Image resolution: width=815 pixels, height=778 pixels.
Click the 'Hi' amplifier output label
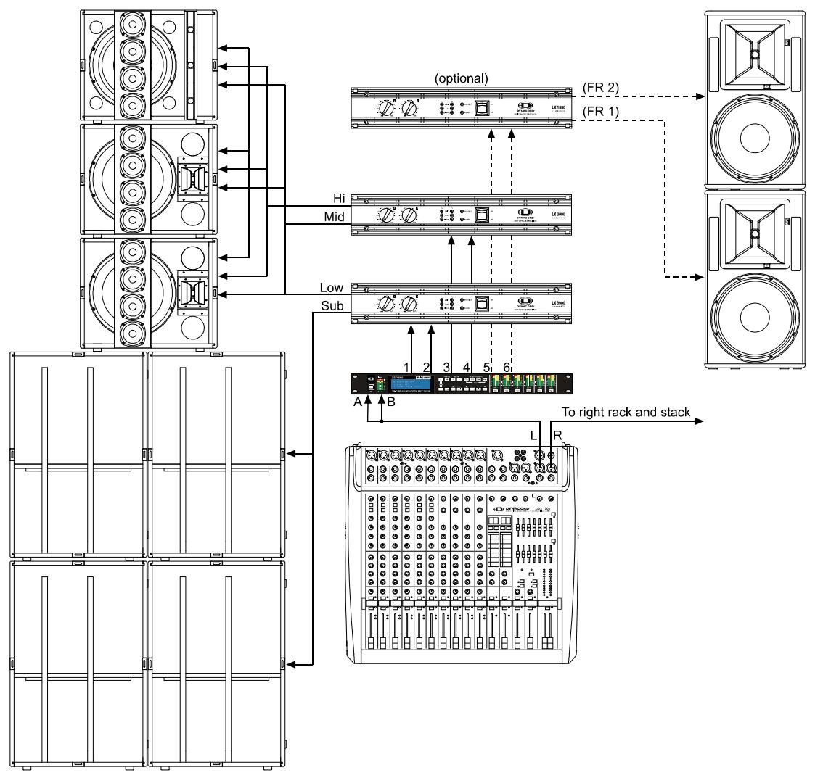point(335,199)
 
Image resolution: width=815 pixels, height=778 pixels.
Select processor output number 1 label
point(407,367)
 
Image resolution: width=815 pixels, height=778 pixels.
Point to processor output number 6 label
point(507,367)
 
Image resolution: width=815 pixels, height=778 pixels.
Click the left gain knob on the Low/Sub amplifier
point(388,305)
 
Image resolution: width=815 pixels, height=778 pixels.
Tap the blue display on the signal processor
point(407,382)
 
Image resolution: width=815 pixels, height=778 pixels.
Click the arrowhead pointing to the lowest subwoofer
point(292,663)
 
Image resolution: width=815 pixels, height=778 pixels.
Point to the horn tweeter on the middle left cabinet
point(194,175)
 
